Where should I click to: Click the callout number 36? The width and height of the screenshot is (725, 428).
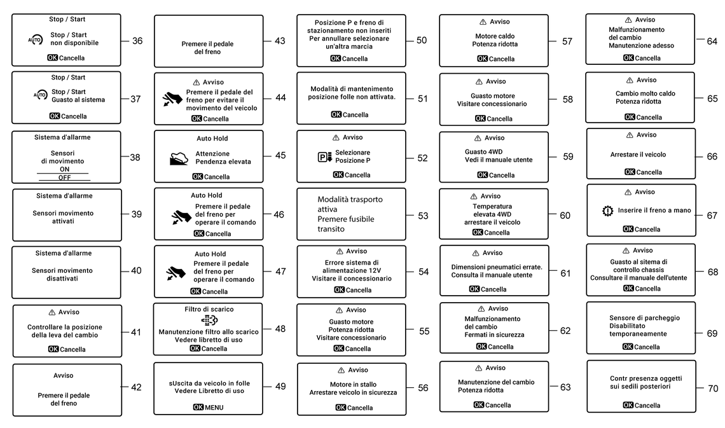[137, 41]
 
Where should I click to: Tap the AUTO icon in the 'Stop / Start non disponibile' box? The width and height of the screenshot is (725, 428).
[35, 40]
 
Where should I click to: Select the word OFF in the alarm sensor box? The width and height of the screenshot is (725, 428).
[64, 177]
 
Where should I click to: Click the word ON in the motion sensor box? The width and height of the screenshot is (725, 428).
[64, 169]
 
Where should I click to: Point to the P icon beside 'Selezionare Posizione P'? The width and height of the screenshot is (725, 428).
[324, 157]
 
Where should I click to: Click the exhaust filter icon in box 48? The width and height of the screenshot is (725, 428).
[209, 321]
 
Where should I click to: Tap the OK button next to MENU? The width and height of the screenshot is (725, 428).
[198, 407]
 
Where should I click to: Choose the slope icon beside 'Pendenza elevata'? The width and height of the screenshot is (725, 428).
[179, 158]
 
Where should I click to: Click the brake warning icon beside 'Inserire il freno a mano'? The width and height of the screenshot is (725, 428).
[607, 211]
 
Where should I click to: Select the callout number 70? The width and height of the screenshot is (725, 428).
[713, 389]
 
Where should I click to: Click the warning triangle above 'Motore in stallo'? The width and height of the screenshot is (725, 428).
[342, 370]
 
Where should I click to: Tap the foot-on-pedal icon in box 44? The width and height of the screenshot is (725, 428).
[173, 99]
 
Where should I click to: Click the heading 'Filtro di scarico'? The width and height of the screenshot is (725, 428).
[209, 309]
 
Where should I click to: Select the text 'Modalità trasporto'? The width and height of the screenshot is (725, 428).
[350, 199]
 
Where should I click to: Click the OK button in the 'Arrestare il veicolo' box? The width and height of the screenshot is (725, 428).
[630, 172]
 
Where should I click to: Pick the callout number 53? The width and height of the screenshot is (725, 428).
[423, 216]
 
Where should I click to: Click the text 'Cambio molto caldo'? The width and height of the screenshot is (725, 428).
[645, 93]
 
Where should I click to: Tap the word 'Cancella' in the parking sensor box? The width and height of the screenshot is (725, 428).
[647, 347]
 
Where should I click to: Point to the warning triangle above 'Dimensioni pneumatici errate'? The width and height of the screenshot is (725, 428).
[476, 253]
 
